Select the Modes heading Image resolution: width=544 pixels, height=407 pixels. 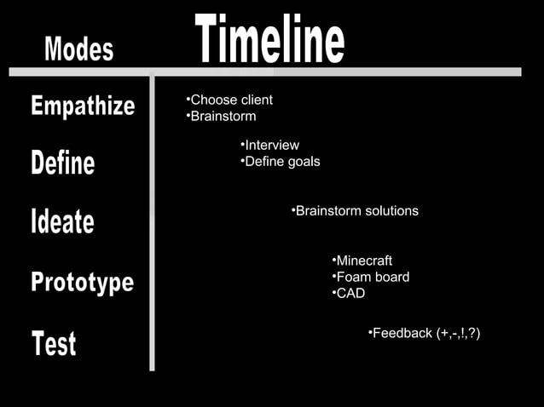(78, 49)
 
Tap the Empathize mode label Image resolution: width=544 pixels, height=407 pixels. (83, 106)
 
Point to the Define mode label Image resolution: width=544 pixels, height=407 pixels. (63, 162)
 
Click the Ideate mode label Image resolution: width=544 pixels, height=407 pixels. (62, 221)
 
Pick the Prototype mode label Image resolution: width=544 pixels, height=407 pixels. (83, 282)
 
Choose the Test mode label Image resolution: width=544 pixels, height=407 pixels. (54, 343)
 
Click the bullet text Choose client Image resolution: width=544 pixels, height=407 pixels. (230, 100)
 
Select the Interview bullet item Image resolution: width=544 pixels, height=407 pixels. (271, 146)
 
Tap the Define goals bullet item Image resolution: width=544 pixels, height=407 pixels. (281, 162)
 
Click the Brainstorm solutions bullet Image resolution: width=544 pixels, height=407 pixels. (356, 210)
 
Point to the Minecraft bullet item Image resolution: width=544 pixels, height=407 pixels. (363, 261)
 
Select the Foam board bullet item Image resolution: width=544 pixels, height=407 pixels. (372, 277)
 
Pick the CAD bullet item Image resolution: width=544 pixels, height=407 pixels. (350, 293)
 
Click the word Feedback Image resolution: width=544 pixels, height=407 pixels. (402, 333)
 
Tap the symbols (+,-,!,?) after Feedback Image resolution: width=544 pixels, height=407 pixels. (458, 333)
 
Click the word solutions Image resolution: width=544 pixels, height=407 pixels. (391, 210)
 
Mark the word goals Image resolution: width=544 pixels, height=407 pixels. (303, 162)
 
